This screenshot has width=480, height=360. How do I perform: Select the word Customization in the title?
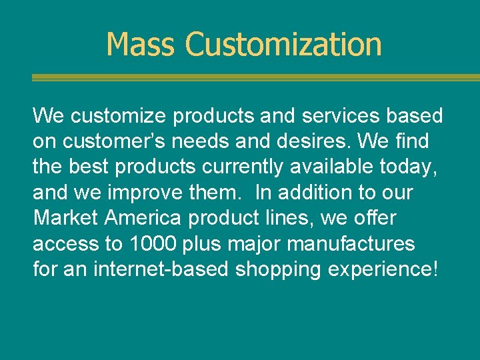coord(283,45)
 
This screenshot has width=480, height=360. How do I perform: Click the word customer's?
coord(105,141)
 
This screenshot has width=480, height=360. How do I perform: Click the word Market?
coord(65,219)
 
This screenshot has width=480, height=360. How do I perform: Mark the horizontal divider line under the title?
coord(255,78)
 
